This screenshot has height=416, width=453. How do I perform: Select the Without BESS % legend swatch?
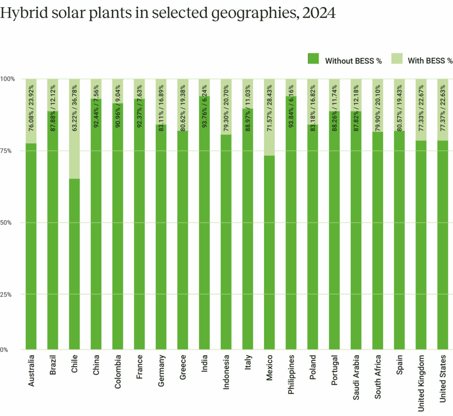[313, 59]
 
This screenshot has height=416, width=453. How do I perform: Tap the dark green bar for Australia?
[31, 248]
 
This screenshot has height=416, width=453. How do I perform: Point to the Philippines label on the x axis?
[291, 374]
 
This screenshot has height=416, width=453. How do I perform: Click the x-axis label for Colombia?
[118, 371]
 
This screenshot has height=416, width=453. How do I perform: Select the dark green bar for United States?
[442, 248]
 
